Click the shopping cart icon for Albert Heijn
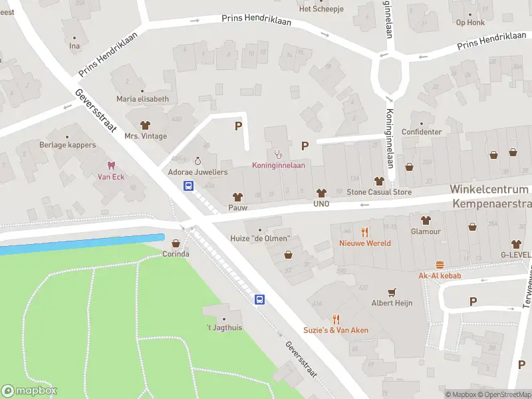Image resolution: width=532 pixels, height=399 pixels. click(x=392, y=291)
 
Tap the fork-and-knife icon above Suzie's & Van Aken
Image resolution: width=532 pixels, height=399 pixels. click(x=336, y=319)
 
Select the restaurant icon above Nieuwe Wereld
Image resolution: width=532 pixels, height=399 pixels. click(x=364, y=231)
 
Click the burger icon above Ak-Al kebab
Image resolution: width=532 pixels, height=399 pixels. click(x=440, y=265)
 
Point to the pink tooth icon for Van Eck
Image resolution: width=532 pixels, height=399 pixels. click(x=111, y=165)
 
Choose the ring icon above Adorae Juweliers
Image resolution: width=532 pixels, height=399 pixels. click(x=198, y=160)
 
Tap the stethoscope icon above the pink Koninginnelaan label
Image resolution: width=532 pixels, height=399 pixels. click(x=278, y=154)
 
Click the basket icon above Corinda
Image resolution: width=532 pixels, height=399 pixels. click(x=176, y=243)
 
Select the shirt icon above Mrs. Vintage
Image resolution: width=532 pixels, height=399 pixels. click(x=146, y=124)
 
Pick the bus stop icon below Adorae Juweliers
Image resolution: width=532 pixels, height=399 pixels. click(x=189, y=186)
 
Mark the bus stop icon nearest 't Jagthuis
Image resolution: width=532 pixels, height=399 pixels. click(x=260, y=300)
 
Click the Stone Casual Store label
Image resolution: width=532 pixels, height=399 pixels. click(x=379, y=192)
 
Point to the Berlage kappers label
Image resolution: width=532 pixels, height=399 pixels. click(x=68, y=145)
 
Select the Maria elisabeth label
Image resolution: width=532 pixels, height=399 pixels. click(x=142, y=99)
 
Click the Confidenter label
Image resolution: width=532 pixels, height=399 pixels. click(x=421, y=132)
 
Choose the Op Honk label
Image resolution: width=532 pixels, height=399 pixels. click(x=470, y=22)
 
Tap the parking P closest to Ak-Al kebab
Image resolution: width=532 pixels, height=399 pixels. click(x=473, y=301)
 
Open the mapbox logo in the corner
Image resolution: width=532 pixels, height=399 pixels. click(x=29, y=391)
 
